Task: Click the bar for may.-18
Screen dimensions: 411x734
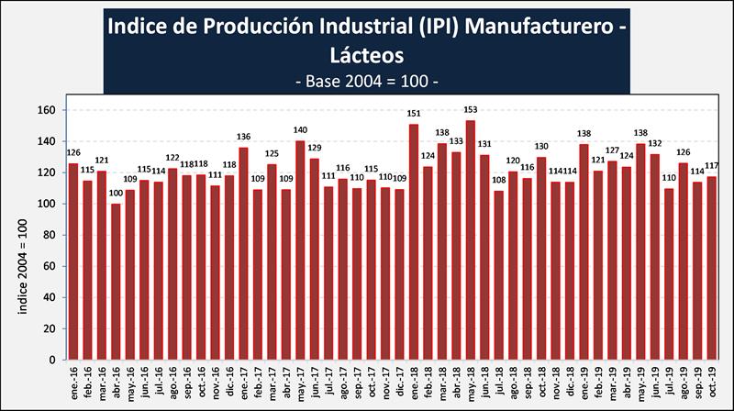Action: pyautogui.click(x=470, y=240)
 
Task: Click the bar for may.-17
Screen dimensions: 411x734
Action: pyautogui.click(x=299, y=250)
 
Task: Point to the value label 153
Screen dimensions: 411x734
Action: pyautogui.click(x=470, y=110)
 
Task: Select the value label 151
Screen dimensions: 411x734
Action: pyautogui.click(x=413, y=114)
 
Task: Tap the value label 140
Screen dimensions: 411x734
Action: pyautogui.click(x=299, y=130)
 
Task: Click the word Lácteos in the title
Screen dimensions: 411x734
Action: pyautogui.click(x=366, y=56)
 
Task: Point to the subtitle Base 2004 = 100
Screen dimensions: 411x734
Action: pyautogui.click(x=366, y=82)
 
